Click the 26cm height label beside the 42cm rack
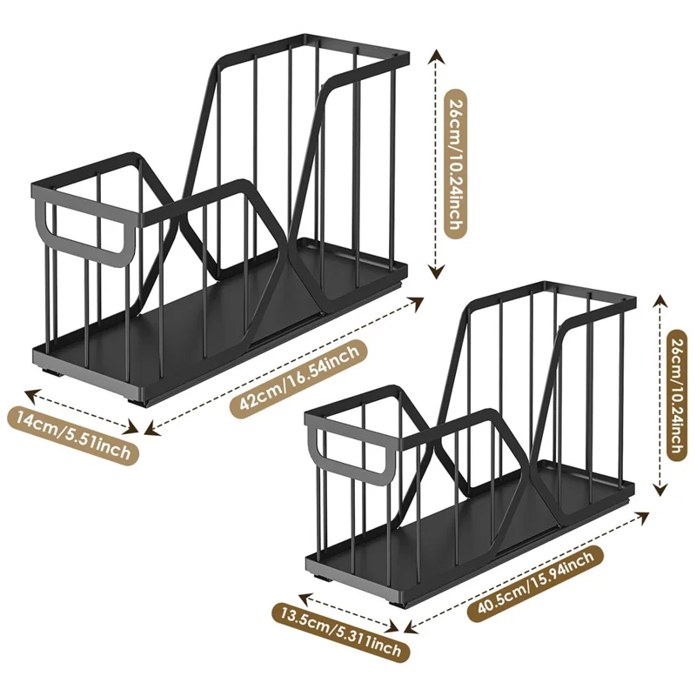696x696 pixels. coord(452,162)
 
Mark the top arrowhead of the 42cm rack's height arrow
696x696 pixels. coord(433,54)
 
